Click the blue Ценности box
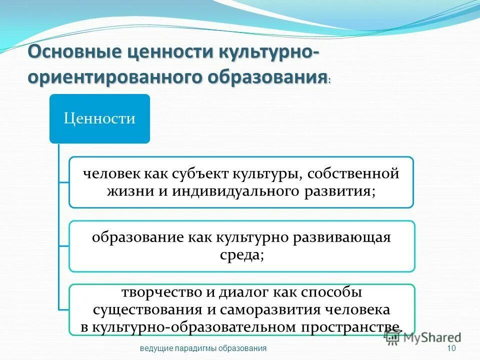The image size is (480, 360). click(99, 118)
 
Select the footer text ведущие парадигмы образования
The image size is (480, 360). click(203, 348)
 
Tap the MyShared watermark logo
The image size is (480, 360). click(422, 337)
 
